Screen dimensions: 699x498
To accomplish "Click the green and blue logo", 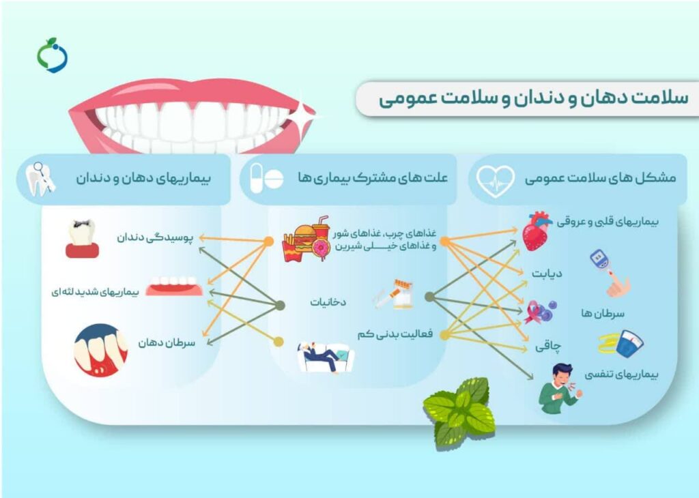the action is click(52, 55).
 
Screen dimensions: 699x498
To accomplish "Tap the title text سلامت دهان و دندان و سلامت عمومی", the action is click(533, 98).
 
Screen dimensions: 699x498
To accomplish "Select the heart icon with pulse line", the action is click(495, 181).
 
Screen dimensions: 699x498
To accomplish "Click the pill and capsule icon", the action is click(266, 178).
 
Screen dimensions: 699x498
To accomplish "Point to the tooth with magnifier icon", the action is click(40, 179).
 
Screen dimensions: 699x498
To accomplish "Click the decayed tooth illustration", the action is click(82, 238).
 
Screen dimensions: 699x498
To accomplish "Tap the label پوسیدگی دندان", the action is click(155, 237).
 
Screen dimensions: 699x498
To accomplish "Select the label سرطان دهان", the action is click(167, 342).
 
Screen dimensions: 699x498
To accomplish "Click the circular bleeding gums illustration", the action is click(101, 350).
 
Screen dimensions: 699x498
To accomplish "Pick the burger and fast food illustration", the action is click(306, 239).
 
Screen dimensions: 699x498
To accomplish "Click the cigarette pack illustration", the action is click(394, 295).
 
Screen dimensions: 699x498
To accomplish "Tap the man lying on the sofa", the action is click(326, 357).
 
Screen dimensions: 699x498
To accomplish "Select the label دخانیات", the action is click(328, 302).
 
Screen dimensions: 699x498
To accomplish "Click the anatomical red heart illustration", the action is click(537, 231).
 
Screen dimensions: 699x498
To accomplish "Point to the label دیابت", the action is click(547, 273).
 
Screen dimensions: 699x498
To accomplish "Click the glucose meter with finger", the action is click(610, 274).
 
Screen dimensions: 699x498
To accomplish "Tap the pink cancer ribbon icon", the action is click(534, 312).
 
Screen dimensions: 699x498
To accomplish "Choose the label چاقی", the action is click(548, 346).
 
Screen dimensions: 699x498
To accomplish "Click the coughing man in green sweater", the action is click(560, 388).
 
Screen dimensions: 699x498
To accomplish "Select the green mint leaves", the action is click(459, 413).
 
